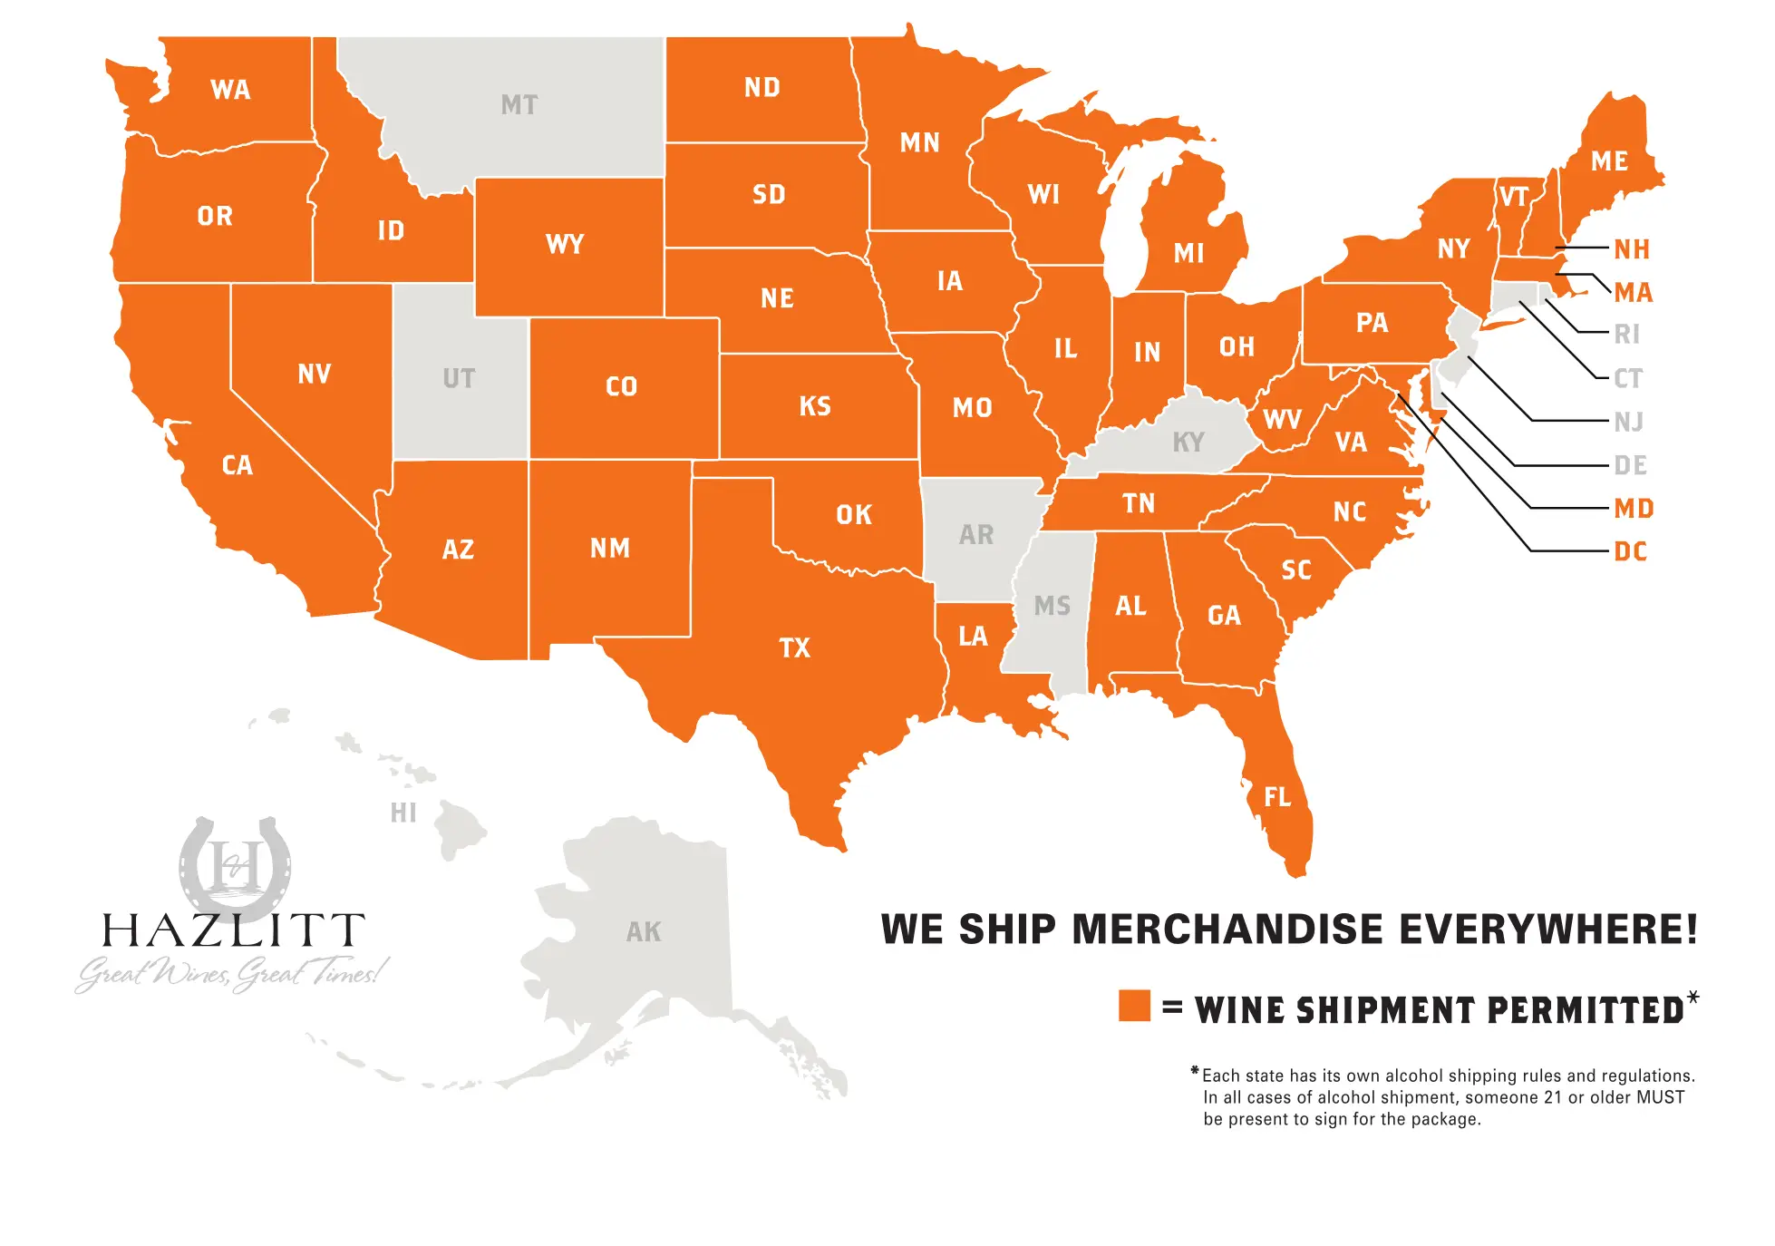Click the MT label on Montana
point(519,105)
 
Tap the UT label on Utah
point(459,378)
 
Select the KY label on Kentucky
point(1188,443)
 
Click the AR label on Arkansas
point(976,535)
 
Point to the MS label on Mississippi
point(1052,606)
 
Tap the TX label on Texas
point(795,648)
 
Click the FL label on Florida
point(1277,797)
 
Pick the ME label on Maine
point(1609,161)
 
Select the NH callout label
point(1632,249)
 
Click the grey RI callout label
point(1627,335)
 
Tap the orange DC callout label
point(1631,551)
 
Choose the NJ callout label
point(1629,422)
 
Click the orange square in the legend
point(1134,1006)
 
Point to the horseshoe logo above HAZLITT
point(235,865)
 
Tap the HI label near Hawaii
point(403,813)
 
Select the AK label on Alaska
point(644,932)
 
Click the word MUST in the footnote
point(1661,1097)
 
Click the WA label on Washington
point(230,90)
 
